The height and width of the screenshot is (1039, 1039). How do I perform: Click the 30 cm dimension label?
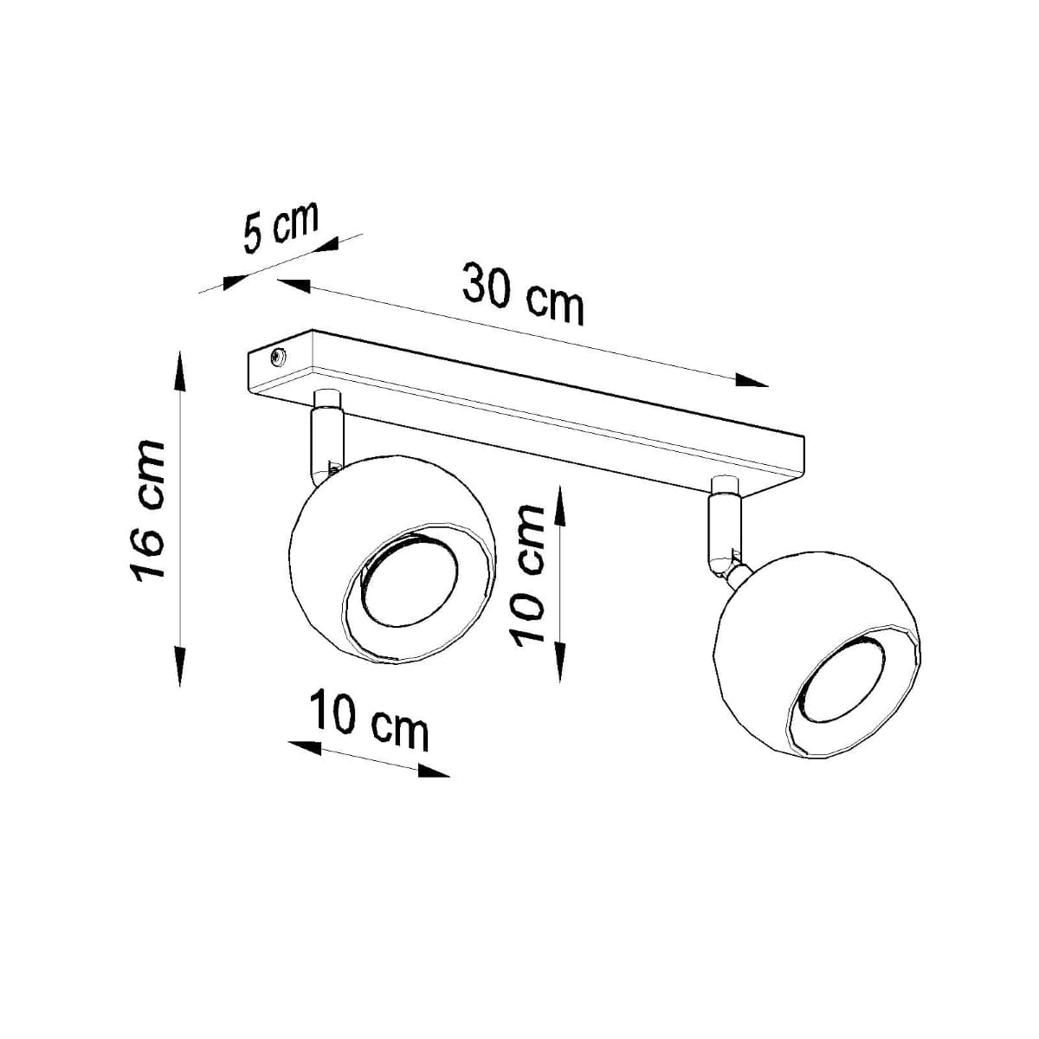point(523,294)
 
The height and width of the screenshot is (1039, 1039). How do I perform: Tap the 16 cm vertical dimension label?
point(145,510)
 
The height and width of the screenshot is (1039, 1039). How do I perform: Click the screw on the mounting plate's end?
point(279,357)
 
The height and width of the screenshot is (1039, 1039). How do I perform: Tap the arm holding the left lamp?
point(326,442)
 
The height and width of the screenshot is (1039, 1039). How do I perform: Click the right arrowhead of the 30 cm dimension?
point(752,380)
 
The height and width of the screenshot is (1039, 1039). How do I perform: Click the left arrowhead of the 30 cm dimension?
point(294,284)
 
